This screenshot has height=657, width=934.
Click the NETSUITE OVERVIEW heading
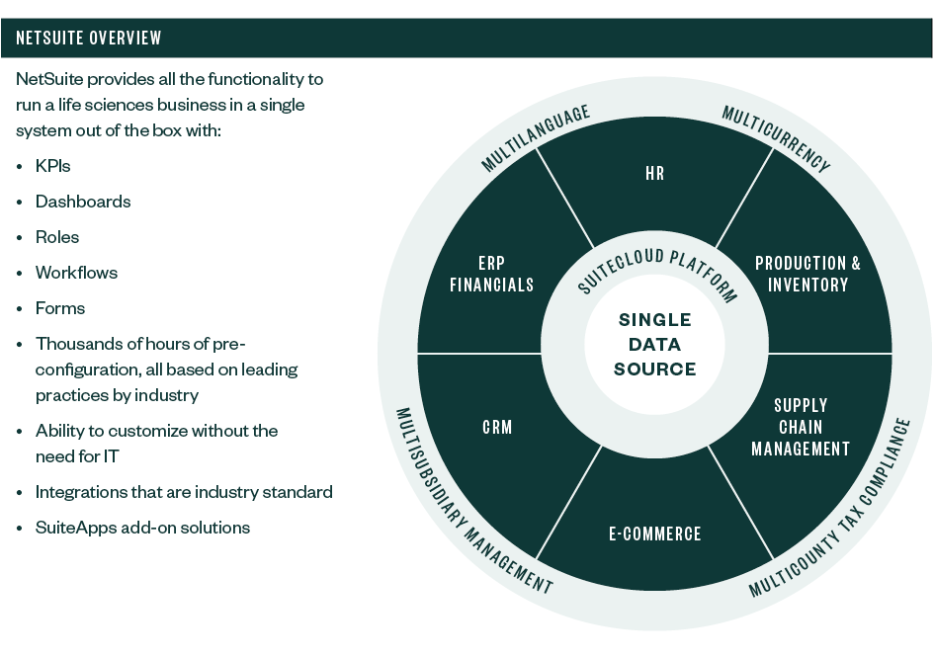coord(89,39)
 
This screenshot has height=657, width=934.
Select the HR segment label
coord(654,174)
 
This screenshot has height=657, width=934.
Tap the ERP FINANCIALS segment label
coord(491,274)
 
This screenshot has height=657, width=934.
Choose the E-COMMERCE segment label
coord(654,534)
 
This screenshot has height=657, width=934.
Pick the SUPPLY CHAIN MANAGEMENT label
coord(801,427)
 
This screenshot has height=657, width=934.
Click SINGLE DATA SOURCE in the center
coord(654,345)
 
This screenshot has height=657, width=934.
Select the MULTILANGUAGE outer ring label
coord(536,138)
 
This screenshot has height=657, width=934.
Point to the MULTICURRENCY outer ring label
coord(776,139)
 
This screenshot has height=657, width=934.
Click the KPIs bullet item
coord(52,166)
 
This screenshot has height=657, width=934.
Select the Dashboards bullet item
coord(83,202)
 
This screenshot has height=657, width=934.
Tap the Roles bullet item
coord(57,237)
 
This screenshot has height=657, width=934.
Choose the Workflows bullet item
coord(76,273)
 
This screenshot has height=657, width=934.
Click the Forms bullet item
coord(60,308)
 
